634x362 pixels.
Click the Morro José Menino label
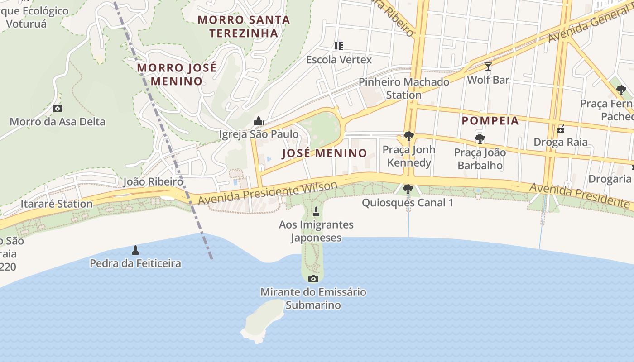tap(176, 75)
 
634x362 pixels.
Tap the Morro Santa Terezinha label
tap(244, 26)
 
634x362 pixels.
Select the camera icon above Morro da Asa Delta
tap(58, 108)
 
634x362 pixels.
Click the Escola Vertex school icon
tap(338, 46)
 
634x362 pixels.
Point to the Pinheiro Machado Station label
tap(404, 88)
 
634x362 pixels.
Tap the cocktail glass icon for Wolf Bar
tap(488, 67)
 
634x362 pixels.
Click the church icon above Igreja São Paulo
tap(259, 121)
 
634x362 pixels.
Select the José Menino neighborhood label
tap(324, 153)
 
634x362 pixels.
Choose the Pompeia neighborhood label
tap(490, 121)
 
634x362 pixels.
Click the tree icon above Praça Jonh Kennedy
tap(408, 136)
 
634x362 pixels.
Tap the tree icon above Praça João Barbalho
tap(480, 139)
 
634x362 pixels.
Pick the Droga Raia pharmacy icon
tap(561, 129)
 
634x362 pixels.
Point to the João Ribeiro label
tap(153, 182)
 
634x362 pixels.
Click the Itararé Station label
tap(57, 204)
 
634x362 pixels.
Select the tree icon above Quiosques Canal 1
tap(408, 189)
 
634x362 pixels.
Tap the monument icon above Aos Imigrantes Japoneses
tap(316, 211)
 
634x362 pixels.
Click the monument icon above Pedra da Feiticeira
tap(135, 250)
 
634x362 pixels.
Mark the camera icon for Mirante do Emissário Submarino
tap(313, 279)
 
